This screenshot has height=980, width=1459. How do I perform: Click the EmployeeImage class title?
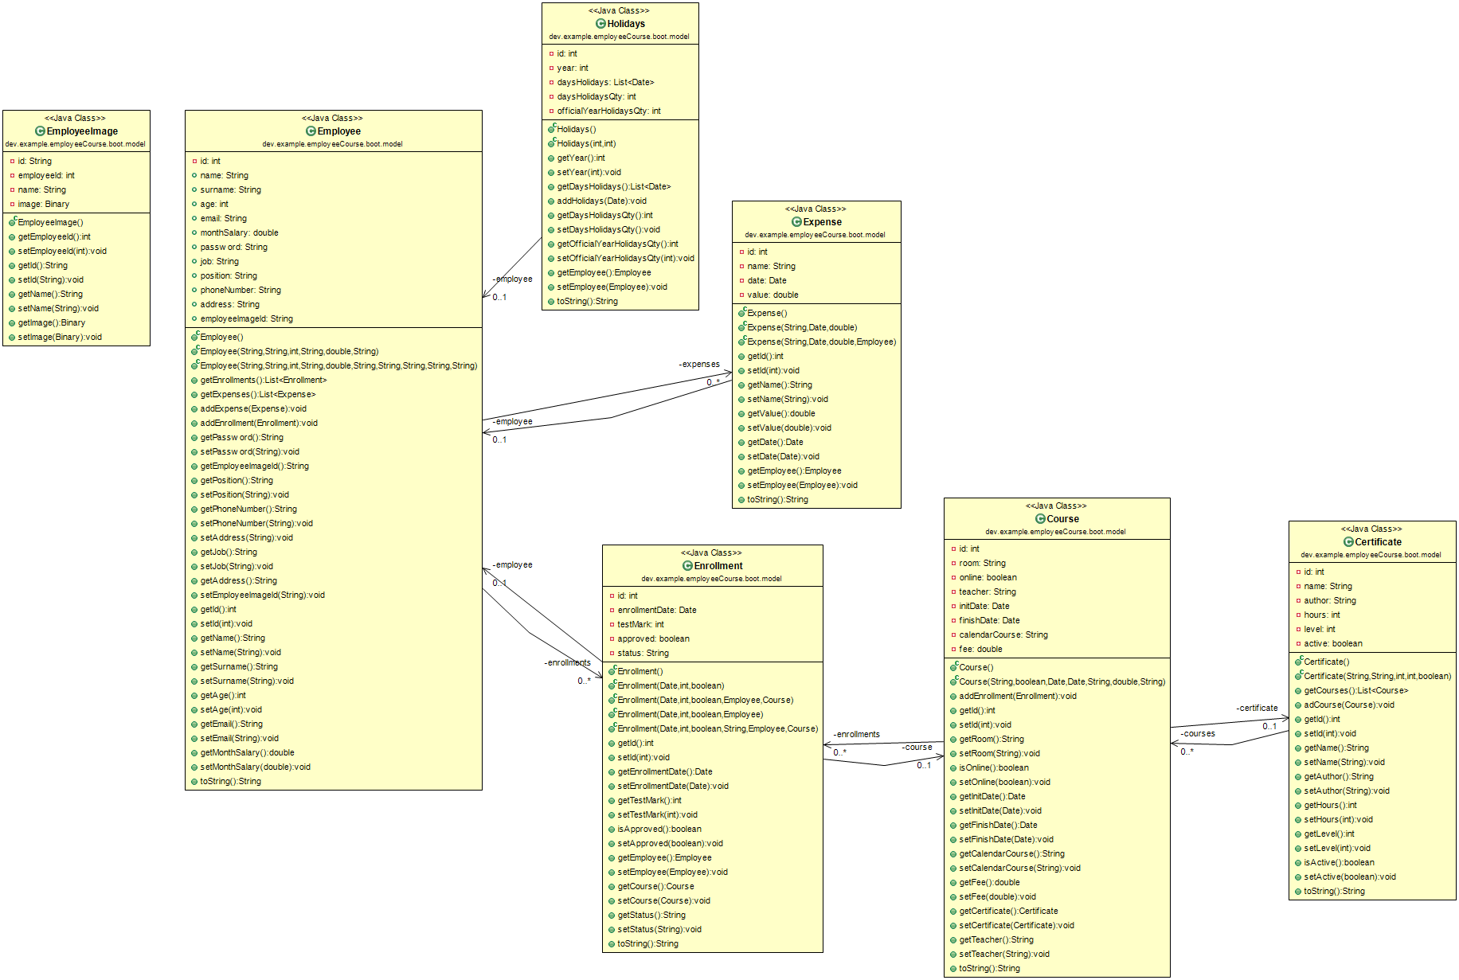[x=82, y=131]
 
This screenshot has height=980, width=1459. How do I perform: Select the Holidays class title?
[x=626, y=24]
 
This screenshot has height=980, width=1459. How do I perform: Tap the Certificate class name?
[x=1378, y=542]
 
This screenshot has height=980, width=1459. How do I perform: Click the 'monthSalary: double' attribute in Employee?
[x=239, y=232]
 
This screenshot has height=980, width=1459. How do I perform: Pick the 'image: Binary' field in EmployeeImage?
[x=43, y=204]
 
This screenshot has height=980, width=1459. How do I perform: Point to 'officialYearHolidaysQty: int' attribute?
[x=608, y=111]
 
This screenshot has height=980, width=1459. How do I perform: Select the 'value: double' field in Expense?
[x=773, y=295]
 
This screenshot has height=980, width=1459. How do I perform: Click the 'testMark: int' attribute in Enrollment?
[x=640, y=624]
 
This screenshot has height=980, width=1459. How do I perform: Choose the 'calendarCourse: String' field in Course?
[x=1003, y=634]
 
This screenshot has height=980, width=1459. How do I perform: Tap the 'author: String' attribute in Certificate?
[x=1329, y=600]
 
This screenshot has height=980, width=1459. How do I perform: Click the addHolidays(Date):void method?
[x=601, y=201]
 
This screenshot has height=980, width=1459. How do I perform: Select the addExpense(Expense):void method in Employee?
[x=252, y=408]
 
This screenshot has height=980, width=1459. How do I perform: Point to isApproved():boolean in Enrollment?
[x=659, y=829]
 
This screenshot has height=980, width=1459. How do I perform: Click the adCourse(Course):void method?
[x=1348, y=705]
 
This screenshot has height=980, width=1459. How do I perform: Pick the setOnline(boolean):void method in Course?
[x=1004, y=782]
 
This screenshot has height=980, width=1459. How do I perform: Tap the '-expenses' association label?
[x=699, y=364]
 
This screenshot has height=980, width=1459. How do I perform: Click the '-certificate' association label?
[x=1257, y=708]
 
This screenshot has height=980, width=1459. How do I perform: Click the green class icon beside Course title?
[x=1040, y=519]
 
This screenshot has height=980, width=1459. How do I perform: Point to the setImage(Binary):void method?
[x=60, y=337]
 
